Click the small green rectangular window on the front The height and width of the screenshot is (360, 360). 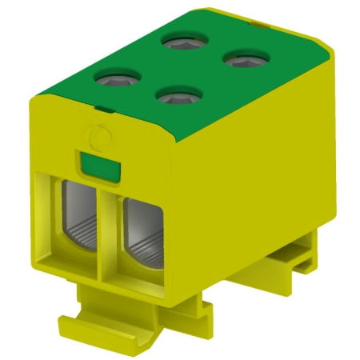click(x=101, y=166)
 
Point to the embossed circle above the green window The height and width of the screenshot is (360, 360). click(x=98, y=138)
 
